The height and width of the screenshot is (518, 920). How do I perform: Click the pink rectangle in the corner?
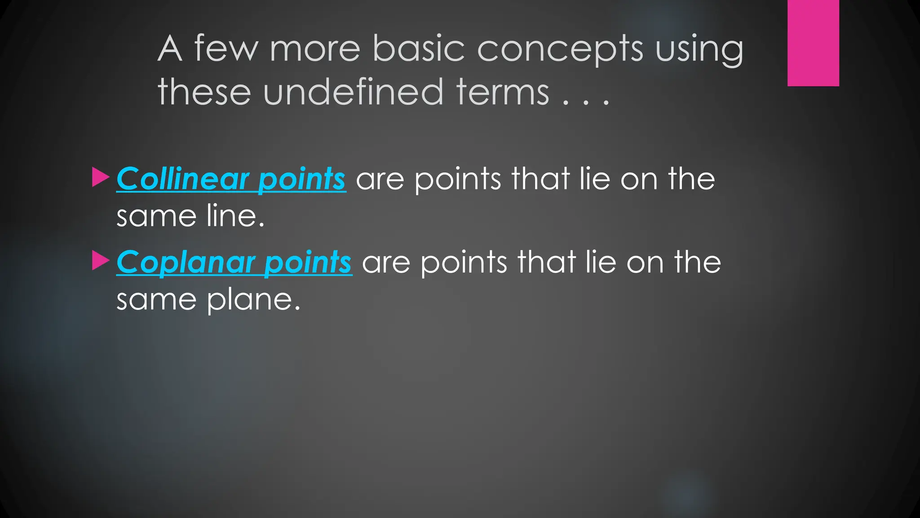[x=813, y=43]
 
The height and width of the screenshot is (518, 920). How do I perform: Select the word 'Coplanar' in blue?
[x=186, y=262]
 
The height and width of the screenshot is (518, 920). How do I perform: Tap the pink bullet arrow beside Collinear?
[x=100, y=177]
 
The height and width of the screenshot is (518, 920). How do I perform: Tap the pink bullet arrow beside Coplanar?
[x=100, y=260]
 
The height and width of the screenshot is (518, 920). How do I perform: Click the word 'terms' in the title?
[x=503, y=92]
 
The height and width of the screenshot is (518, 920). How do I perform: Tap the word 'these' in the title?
[x=204, y=92]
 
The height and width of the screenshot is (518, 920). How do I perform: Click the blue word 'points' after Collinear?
[x=301, y=179]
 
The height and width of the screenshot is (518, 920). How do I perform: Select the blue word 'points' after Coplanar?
[x=308, y=262]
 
